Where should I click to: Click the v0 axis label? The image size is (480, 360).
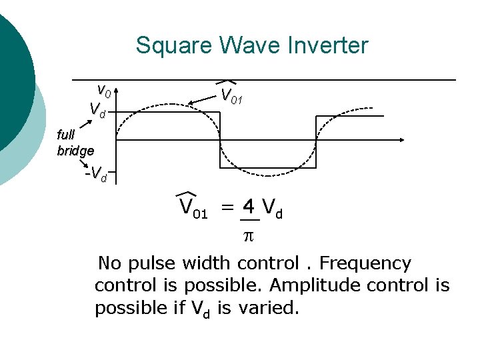pos(103,89)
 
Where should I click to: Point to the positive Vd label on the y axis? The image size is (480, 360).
pos(97,108)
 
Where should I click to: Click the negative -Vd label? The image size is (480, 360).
pos(97,175)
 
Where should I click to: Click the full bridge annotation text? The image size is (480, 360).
pos(75,143)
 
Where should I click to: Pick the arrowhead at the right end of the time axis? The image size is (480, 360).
pos(402,139)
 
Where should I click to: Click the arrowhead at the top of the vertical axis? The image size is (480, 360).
pos(116,87)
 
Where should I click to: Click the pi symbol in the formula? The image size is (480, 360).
pos(247,235)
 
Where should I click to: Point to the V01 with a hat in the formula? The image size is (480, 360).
pos(193,207)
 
